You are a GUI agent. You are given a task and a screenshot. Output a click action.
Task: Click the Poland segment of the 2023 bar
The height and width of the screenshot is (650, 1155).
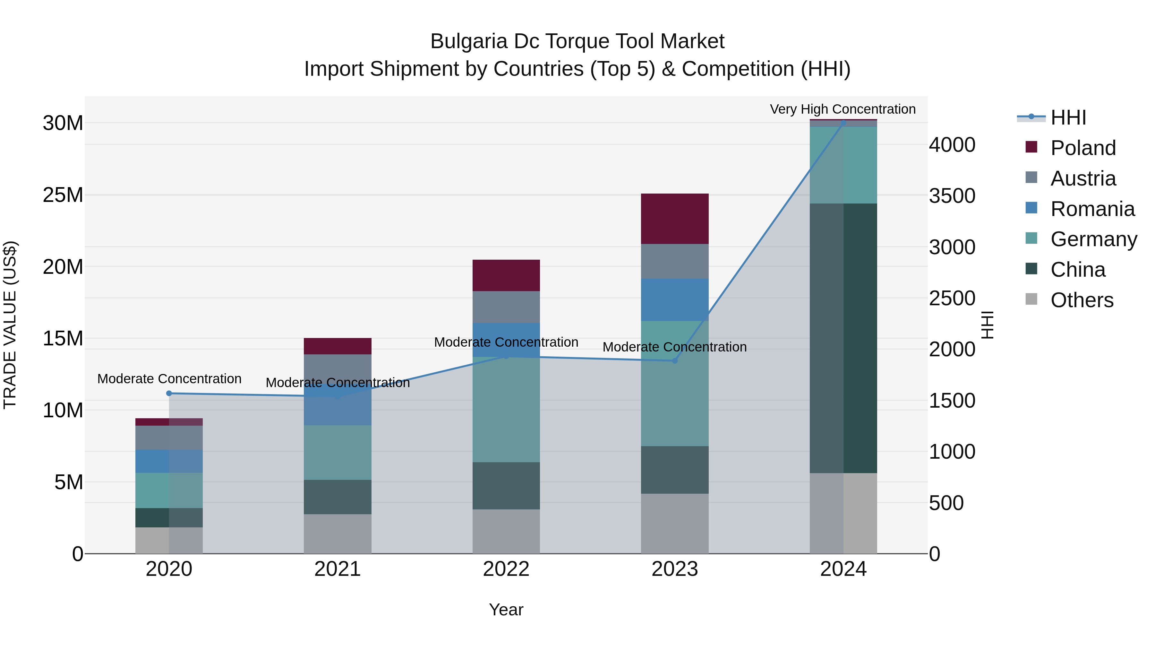click(x=674, y=219)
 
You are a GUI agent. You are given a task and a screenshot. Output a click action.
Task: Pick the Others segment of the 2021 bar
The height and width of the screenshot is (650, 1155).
click(x=337, y=533)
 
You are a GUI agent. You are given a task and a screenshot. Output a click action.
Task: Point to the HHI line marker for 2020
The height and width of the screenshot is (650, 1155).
click(x=169, y=394)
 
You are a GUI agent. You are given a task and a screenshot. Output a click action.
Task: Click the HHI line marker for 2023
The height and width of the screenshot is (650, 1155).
click(x=674, y=361)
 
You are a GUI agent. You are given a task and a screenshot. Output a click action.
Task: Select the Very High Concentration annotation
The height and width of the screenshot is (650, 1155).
click(x=843, y=109)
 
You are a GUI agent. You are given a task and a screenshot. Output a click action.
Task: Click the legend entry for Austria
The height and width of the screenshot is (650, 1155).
click(x=1083, y=178)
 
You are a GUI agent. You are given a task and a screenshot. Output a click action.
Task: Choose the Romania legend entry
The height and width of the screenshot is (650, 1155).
click(x=1092, y=209)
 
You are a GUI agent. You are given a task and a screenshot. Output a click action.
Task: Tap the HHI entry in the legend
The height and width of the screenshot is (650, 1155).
click(x=1068, y=117)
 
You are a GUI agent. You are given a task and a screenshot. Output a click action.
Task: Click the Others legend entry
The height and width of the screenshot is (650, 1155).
click(x=1082, y=300)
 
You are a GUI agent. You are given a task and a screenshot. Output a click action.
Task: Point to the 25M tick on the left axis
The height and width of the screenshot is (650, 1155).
click(x=63, y=195)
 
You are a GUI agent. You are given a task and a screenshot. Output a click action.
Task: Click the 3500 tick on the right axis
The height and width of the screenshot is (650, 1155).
click(x=952, y=196)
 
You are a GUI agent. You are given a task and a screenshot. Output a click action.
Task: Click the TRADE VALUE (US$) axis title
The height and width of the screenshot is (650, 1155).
click(x=10, y=325)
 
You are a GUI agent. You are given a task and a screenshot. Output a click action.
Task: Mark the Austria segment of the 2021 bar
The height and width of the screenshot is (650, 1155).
click(x=337, y=367)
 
